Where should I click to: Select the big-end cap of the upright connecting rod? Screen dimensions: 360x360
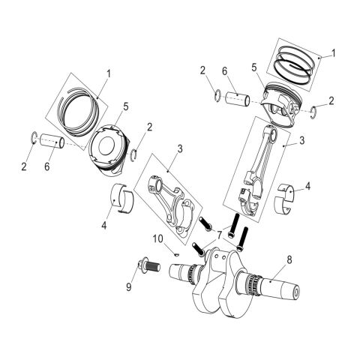[x=248, y=202]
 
